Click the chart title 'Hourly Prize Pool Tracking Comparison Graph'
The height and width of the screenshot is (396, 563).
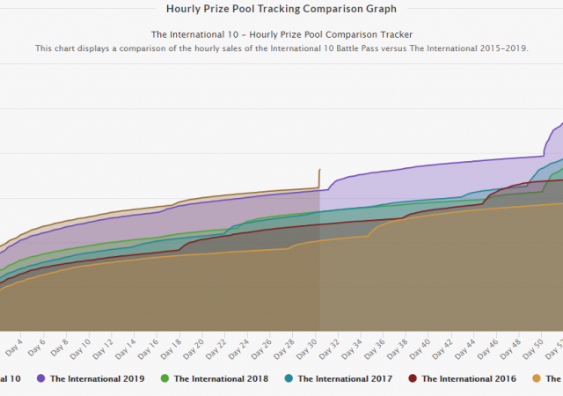pos(281,9)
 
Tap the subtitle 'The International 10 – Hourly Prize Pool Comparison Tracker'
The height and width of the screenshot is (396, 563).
pos(281,34)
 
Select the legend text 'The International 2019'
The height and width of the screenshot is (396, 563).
pos(97,378)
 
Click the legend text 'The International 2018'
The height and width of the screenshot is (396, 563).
pos(220,378)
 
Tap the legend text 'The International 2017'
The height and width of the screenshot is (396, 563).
pos(344,378)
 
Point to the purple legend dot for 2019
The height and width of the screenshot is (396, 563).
pos(40,378)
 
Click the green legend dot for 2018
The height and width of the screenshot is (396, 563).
pos(165,378)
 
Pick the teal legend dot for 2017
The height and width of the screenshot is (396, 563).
pos(289,378)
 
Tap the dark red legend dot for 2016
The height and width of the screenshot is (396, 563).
pos(413,378)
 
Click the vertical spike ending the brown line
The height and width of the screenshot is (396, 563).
pos(319,177)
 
